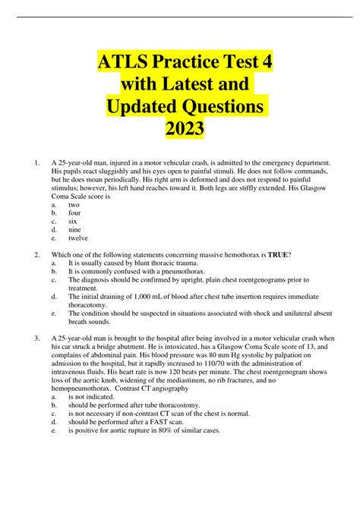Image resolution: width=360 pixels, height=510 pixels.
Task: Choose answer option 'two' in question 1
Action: [74, 205]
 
